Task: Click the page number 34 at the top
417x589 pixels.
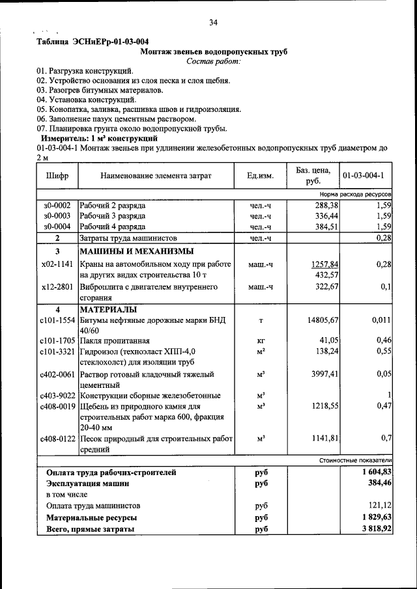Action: pyautogui.click(x=213, y=23)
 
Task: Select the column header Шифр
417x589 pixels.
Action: pyautogui.click(x=57, y=176)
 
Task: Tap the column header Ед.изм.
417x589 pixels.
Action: pyautogui.click(x=260, y=176)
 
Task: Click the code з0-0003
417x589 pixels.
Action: pyautogui.click(x=57, y=216)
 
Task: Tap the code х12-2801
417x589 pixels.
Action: pyautogui.click(x=56, y=286)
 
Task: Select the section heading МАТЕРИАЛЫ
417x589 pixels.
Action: pyautogui.click(x=109, y=310)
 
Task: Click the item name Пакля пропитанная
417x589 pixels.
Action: pyautogui.click(x=115, y=341)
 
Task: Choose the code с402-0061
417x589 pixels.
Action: pyautogui.click(x=57, y=375)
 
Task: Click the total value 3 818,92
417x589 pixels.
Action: pyautogui.click(x=375, y=529)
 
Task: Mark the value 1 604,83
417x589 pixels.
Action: pyautogui.click(x=375, y=472)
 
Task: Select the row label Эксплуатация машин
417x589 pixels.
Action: pyautogui.click(x=87, y=484)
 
